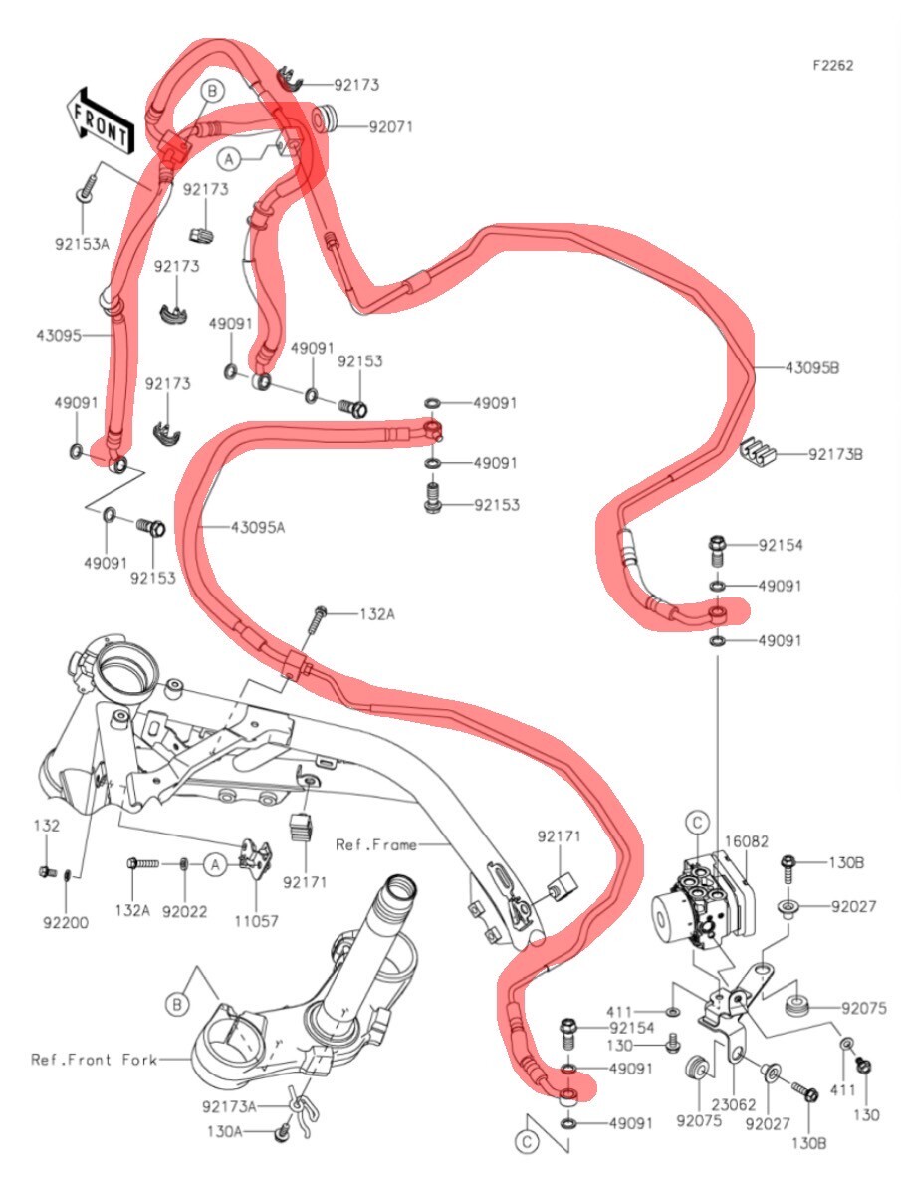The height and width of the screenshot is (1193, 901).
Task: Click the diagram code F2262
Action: tap(832, 66)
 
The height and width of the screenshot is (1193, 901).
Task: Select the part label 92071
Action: tap(390, 127)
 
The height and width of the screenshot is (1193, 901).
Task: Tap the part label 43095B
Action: tap(812, 367)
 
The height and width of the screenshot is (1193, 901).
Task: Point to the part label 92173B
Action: tap(834, 455)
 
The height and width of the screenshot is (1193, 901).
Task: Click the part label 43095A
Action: tap(257, 527)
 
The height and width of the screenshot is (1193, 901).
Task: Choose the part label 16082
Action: tap(746, 841)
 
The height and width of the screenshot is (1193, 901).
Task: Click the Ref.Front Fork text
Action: tap(94, 1060)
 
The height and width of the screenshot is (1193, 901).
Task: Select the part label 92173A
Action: tap(229, 1105)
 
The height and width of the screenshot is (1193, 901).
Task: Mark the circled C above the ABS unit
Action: tap(697, 822)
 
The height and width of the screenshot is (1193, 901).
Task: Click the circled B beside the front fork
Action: tap(177, 1005)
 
